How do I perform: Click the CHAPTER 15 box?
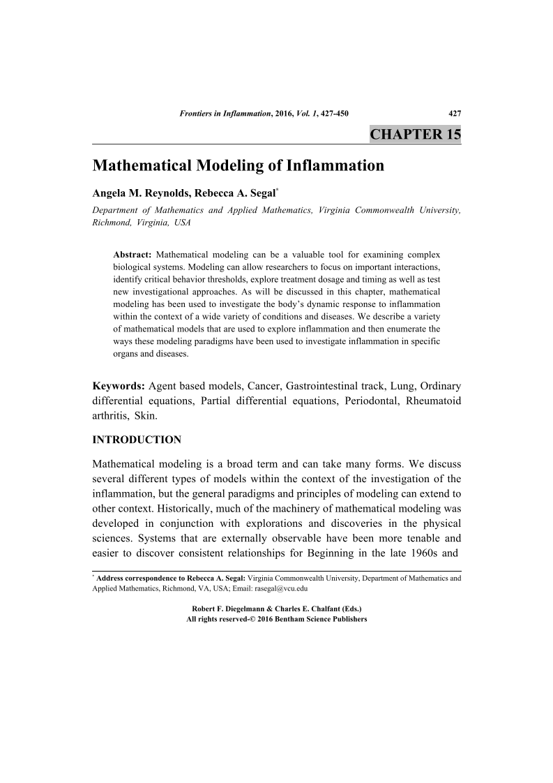click(x=415, y=134)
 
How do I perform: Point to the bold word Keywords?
click(x=119, y=386)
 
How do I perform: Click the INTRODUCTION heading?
click(x=137, y=440)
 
